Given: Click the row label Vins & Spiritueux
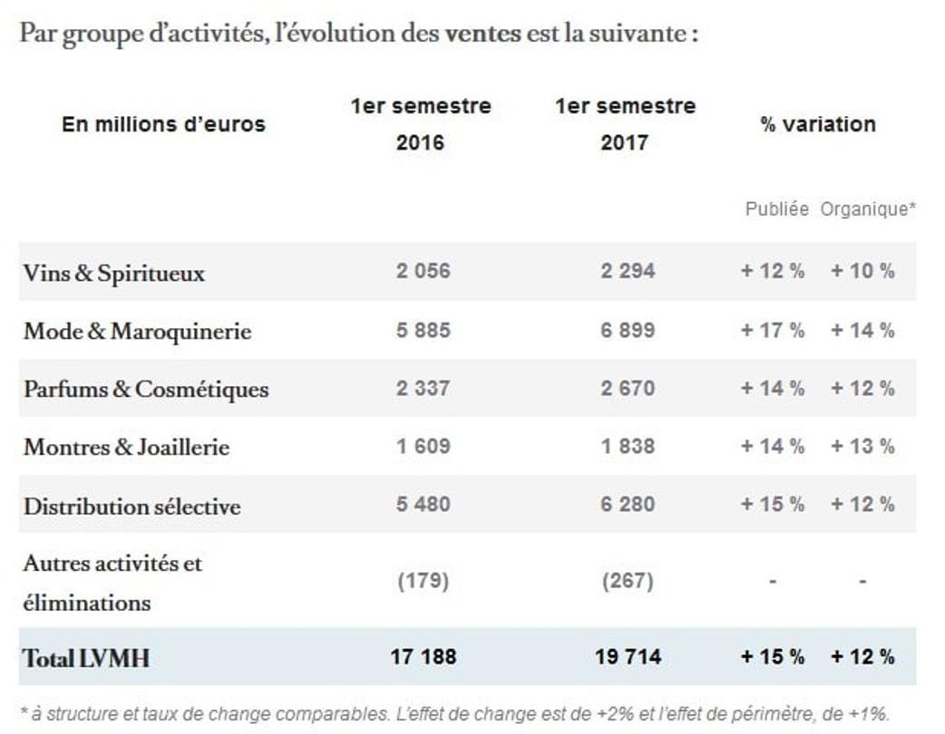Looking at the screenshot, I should coord(114,273).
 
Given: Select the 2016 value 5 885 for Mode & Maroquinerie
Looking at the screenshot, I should coord(423,331).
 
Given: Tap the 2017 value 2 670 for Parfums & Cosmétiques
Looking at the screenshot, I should coord(628,389).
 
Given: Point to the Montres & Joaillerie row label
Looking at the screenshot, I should coord(126,447).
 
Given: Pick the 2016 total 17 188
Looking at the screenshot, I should coord(424,657).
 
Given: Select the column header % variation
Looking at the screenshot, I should coord(818,124).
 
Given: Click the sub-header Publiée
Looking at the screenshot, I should coord(776,209).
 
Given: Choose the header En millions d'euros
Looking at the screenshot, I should coord(163,124).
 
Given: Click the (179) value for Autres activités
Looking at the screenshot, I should coord(424,581).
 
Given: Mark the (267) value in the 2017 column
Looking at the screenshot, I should coord(628,581).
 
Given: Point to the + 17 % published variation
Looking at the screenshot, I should coord(773,331).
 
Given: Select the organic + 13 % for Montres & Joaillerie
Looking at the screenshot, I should coord(862,447).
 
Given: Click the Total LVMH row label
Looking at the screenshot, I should coord(86,658).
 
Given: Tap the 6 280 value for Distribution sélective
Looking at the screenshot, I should coord(628,505).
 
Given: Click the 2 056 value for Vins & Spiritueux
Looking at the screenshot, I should coord(423,271).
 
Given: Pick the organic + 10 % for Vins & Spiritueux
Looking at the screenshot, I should coord(862,271).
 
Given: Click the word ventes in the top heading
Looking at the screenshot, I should coord(483,34).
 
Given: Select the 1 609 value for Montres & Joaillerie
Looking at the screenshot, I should coord(423,447).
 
